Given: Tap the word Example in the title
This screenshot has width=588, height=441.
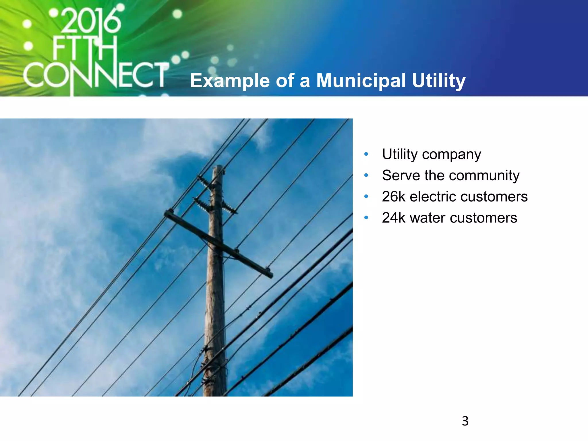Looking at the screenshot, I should pyautogui.click(x=230, y=81).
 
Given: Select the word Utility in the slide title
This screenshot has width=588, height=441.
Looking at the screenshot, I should pyautogui.click(x=438, y=81).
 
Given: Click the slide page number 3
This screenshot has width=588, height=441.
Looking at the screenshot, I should pyautogui.click(x=465, y=421).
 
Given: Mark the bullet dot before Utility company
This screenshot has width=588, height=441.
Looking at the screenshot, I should pyautogui.click(x=366, y=154).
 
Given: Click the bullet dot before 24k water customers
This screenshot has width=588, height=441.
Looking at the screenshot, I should pyautogui.click(x=366, y=218).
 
